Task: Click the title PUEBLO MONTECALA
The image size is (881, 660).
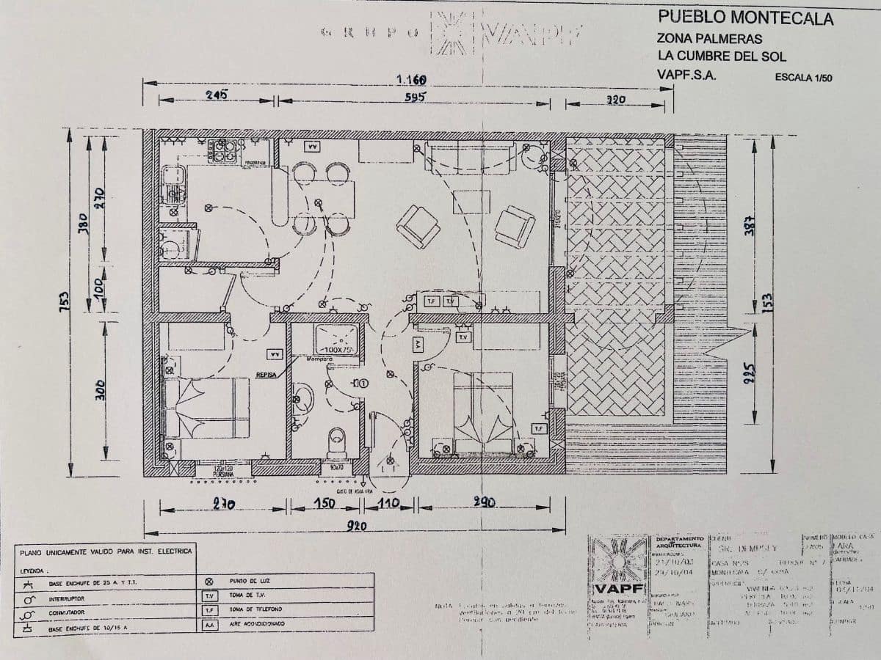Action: pyautogui.click(x=745, y=18)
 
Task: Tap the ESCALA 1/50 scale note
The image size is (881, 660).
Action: pyautogui.click(x=803, y=77)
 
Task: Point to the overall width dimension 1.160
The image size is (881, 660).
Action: pyautogui.click(x=411, y=79)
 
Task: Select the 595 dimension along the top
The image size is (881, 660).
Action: pyautogui.click(x=414, y=96)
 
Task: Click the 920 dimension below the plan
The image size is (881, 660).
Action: pyautogui.click(x=357, y=525)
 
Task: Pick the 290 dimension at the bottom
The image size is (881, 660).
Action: pyautogui.click(x=483, y=503)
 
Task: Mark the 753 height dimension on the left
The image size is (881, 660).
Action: pyautogui.click(x=65, y=301)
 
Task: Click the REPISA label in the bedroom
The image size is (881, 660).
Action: pyautogui.click(x=266, y=375)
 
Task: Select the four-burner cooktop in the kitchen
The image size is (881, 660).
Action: pyautogui.click(x=221, y=151)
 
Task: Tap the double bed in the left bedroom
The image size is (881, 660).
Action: pyautogui.click(x=206, y=408)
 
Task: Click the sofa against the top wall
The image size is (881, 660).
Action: pyautogui.click(x=471, y=157)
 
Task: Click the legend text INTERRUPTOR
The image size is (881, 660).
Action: pyautogui.click(x=68, y=598)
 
